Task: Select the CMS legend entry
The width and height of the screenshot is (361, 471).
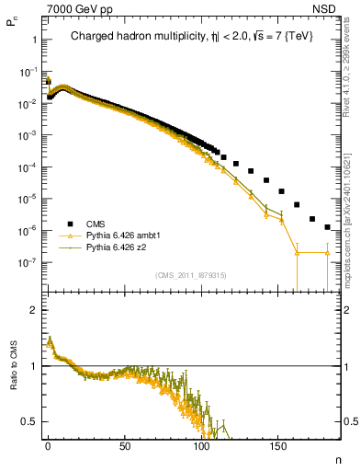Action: point(95,224)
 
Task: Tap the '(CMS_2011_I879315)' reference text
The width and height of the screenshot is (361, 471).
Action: point(191,274)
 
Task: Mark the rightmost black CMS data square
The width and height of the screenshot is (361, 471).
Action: point(327,226)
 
